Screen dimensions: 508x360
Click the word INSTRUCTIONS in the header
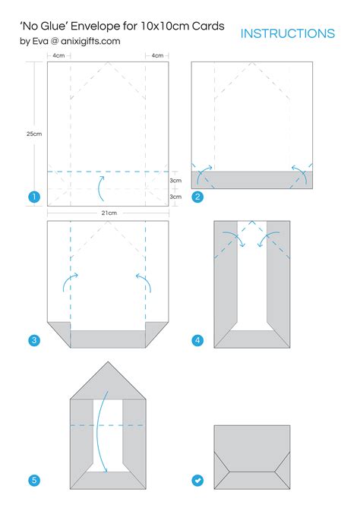pyautogui.click(x=287, y=33)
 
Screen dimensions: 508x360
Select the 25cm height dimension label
pyautogui.click(x=33, y=134)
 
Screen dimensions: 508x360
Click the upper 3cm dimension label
pyautogui.click(x=175, y=181)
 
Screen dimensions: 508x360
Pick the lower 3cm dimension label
pyautogui.click(x=175, y=197)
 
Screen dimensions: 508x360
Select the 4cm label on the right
pyautogui.click(x=157, y=55)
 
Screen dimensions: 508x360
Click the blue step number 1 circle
pyautogui.click(x=33, y=197)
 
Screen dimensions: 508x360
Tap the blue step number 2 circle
pyautogui.click(x=197, y=197)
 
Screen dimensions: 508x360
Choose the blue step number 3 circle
pyautogui.click(x=33, y=340)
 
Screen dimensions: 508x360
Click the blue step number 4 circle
pyautogui.click(x=197, y=340)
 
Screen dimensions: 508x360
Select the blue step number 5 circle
pyautogui.click(x=33, y=480)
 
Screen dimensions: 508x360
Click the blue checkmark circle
pyautogui.click(x=197, y=480)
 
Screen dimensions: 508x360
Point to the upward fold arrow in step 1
pyautogui.click(x=102, y=185)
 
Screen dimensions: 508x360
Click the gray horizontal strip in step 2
pyautogui.click(x=252, y=179)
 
